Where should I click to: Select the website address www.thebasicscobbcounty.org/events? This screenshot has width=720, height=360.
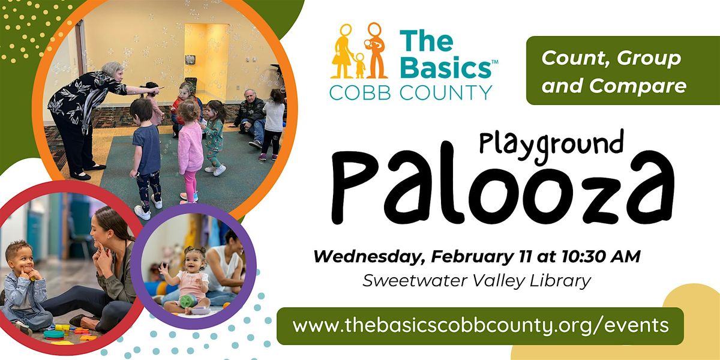pos(480,326)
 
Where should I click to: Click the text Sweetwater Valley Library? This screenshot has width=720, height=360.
pos(477,281)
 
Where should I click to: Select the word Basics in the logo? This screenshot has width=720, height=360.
pos(446,67)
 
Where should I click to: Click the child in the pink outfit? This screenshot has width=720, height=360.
pos(190,150)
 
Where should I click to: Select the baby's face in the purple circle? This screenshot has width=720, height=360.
pos(193,260)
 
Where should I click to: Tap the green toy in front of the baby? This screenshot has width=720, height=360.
pos(188,300)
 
